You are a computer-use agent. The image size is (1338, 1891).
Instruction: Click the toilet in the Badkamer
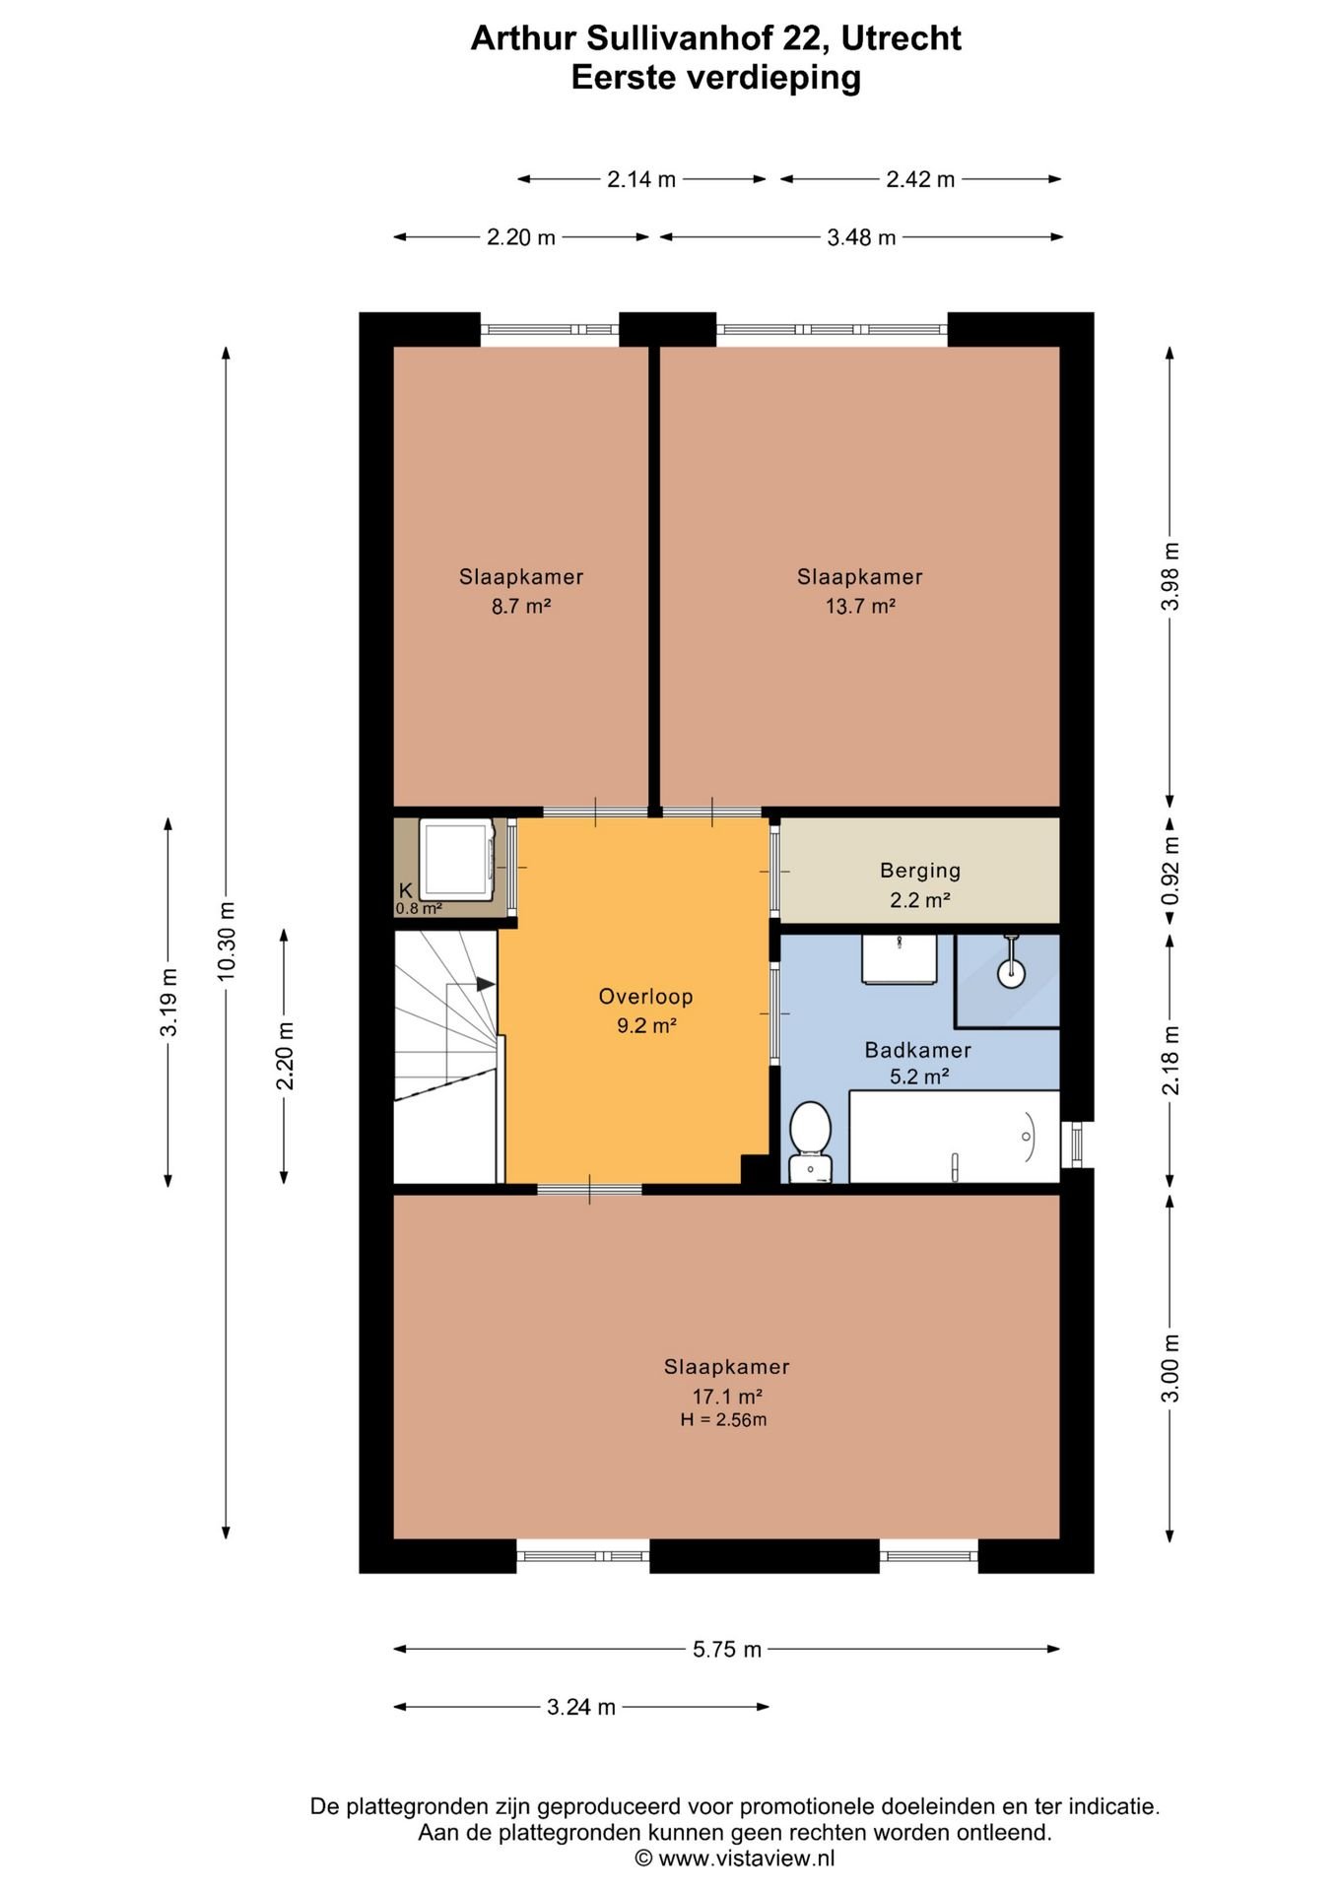(x=811, y=1141)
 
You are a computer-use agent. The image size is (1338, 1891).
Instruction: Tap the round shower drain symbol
(x=1011, y=973)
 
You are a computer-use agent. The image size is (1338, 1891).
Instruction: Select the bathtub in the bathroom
(x=954, y=1136)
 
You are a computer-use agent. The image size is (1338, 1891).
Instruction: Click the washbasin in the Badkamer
(x=900, y=959)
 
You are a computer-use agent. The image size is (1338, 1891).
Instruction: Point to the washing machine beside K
(x=457, y=859)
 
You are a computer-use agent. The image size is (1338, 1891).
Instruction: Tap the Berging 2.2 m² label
(x=920, y=884)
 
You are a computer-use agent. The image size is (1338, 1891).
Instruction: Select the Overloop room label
(x=646, y=996)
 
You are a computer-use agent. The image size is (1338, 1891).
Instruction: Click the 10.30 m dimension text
(x=226, y=941)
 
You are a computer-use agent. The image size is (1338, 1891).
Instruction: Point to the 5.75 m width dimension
(x=727, y=1649)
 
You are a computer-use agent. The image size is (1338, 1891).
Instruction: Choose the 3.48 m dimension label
(x=861, y=237)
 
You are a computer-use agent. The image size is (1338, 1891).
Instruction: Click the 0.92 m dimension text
(x=1170, y=871)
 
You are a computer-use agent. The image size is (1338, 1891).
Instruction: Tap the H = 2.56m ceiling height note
(x=723, y=1419)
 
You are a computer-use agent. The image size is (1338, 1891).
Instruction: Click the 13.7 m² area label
(x=860, y=606)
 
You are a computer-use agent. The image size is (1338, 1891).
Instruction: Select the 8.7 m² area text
(x=521, y=606)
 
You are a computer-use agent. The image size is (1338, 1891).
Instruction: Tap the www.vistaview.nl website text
(x=746, y=1858)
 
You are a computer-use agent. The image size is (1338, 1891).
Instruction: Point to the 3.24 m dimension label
(x=581, y=1707)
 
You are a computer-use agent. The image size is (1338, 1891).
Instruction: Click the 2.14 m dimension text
(x=641, y=179)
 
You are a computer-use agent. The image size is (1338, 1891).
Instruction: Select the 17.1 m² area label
(x=727, y=1396)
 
